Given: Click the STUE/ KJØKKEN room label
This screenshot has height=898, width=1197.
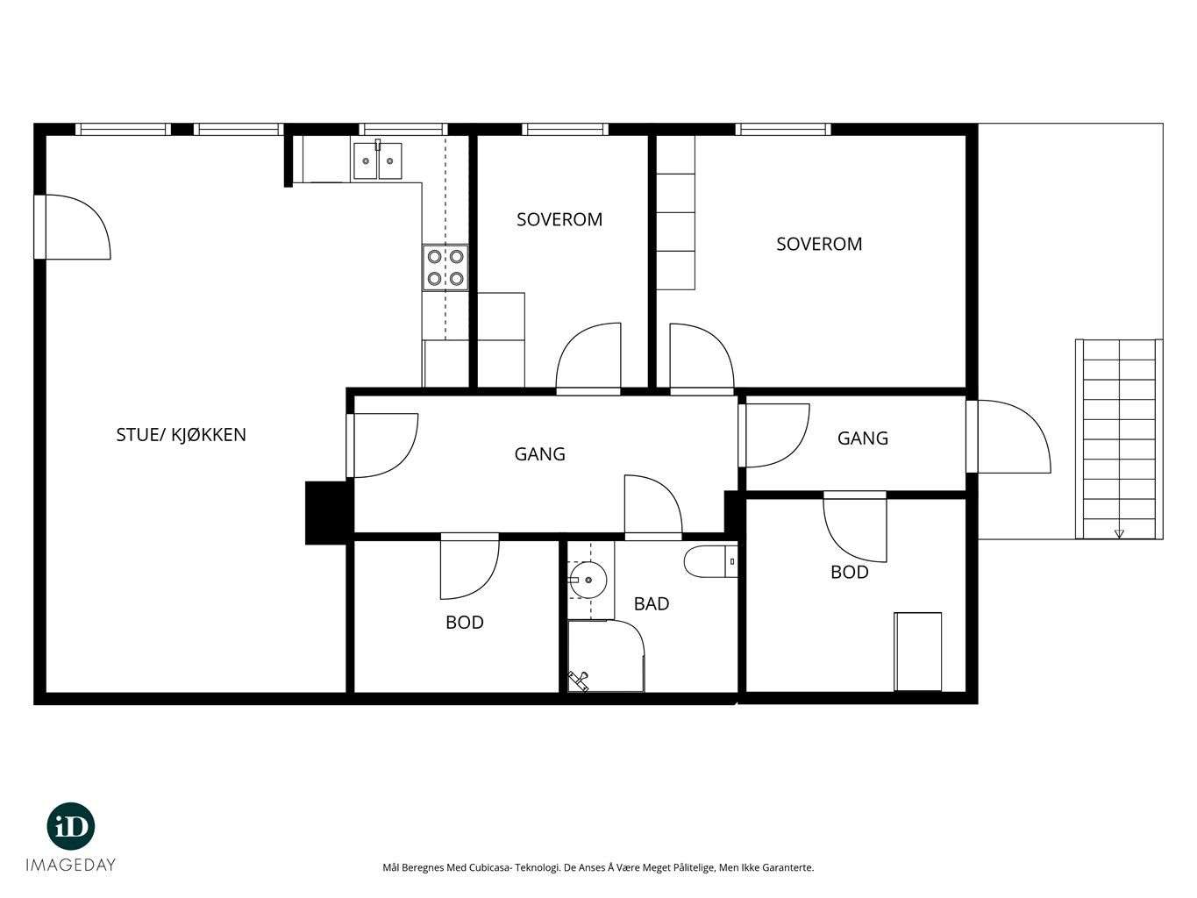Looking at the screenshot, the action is [181, 435].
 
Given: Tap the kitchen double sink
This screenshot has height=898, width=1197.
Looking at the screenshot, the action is [377, 160].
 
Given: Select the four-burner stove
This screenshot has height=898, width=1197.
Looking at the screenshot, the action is [445, 267].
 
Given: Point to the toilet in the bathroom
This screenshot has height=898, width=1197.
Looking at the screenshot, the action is [710, 561].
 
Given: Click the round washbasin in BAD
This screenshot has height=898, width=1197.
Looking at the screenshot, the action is [588, 580].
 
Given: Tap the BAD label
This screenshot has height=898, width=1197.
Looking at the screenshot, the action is [652, 603].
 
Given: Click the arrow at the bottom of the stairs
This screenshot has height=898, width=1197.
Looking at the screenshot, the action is [1118, 534].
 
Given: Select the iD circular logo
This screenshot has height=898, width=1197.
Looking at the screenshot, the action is [70, 826].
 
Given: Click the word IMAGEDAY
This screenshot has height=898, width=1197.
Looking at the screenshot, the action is [70, 865].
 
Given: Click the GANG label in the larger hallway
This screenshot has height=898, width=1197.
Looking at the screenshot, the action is [539, 453].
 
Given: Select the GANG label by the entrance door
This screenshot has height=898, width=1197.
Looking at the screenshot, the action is [862, 438].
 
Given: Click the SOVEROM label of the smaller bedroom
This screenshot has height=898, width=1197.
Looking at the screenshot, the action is [559, 219].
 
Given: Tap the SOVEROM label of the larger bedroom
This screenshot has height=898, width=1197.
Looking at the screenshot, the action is [819, 244].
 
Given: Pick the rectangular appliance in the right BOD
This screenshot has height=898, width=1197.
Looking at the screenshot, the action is [918, 652].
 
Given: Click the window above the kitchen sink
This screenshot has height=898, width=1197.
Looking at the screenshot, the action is [403, 129].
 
